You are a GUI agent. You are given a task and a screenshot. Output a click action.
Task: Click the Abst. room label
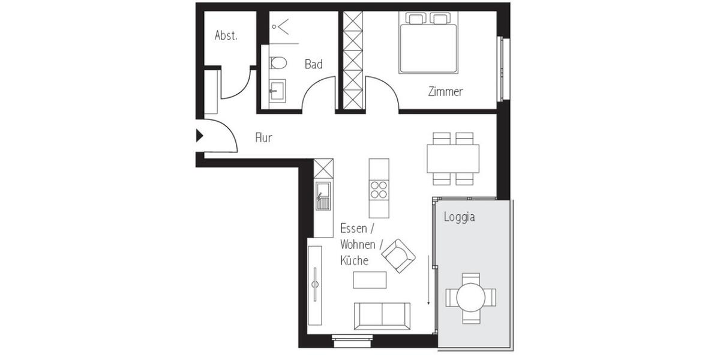226,35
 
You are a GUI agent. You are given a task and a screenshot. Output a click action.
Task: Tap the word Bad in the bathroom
313,64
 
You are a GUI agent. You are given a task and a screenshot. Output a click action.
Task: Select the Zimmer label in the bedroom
445,92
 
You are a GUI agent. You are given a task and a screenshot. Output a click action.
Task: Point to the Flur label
263,138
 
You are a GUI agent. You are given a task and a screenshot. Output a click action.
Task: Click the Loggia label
459,217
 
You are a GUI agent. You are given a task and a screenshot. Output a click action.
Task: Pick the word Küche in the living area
354,261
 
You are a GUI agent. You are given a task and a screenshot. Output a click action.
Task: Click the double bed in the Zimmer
428,43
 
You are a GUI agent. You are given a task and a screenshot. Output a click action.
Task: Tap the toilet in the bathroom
277,63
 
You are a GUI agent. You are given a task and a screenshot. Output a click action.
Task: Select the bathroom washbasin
277,92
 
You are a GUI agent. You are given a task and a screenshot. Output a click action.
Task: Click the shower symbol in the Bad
280,26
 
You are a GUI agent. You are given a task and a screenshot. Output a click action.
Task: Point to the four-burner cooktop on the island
379,189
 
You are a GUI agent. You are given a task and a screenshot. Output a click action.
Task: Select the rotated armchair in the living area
398,256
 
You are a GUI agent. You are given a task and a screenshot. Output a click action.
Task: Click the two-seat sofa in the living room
382,316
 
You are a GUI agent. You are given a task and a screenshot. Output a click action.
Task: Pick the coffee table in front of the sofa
370,280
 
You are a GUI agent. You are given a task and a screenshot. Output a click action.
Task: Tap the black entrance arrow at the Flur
200,136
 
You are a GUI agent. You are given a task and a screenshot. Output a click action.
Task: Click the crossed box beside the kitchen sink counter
323,168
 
